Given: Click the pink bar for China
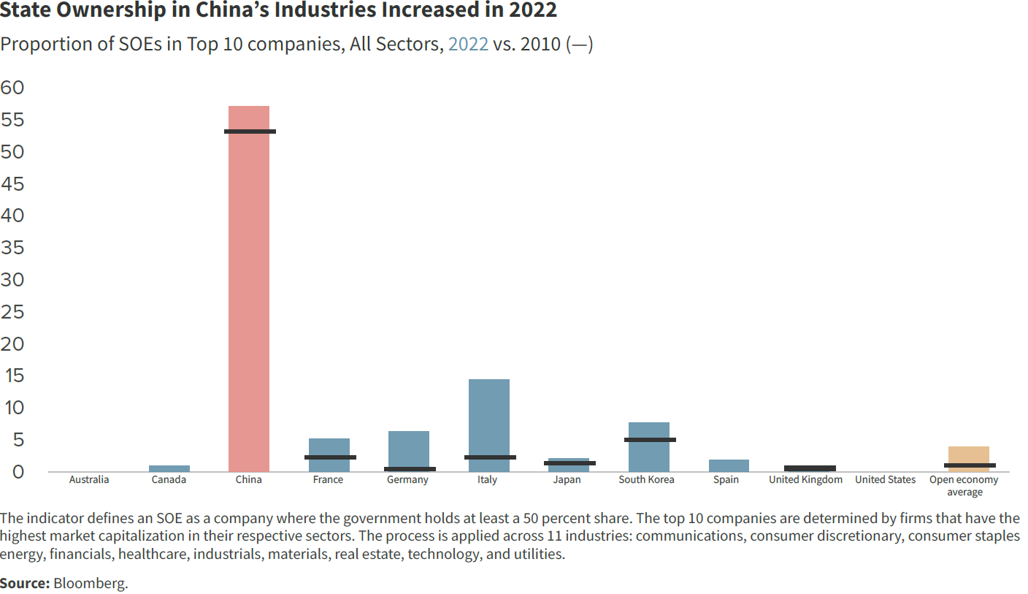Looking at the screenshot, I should point(248,292).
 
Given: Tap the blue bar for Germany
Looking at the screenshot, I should point(409,449).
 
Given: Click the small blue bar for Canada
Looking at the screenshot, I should point(169,468).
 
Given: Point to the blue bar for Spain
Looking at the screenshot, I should point(729,465).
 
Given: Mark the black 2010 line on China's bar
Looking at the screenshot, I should point(250,132).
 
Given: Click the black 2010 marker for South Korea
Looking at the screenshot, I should point(650,440).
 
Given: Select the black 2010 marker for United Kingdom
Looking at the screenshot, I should point(810,468).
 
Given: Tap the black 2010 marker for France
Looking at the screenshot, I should point(330,457).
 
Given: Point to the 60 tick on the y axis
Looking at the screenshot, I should point(12,88).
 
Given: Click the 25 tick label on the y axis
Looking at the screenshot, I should point(12,312).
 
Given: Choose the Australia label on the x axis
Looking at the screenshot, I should point(89,480).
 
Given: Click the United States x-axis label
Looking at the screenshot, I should point(885,480).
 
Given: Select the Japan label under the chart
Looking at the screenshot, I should point(567,480).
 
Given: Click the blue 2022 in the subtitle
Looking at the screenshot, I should point(468,44).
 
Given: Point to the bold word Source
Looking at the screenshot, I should point(25,583).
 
